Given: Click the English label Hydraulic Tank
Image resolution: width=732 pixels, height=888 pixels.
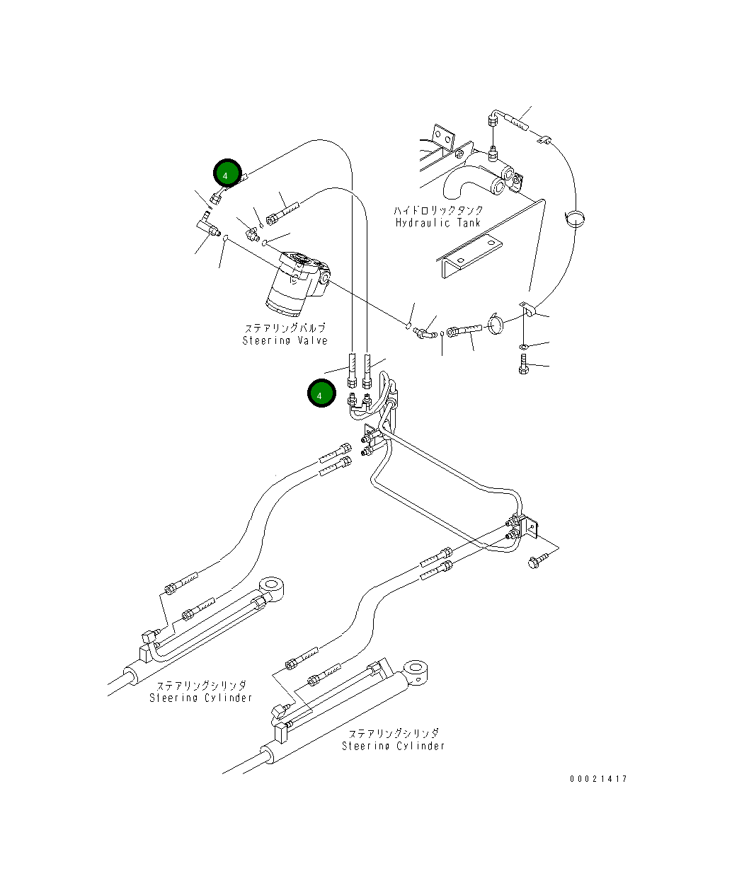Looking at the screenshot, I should tap(438, 222).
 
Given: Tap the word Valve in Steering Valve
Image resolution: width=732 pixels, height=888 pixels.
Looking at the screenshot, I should tap(311, 340).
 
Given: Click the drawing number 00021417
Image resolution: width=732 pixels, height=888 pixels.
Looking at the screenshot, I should tap(598, 779).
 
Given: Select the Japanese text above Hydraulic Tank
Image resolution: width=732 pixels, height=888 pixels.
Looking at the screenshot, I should tap(438, 210).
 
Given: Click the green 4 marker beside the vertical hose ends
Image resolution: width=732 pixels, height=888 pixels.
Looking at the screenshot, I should tap(320, 395).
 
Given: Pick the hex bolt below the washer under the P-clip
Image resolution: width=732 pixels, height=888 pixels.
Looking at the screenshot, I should tap(522, 366).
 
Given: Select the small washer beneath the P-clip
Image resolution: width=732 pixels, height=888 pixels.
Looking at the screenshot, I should tap(522, 346).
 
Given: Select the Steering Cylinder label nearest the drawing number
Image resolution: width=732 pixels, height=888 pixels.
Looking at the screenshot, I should tap(394, 746).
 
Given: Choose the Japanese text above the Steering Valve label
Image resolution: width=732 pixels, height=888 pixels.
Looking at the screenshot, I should tap(285, 328).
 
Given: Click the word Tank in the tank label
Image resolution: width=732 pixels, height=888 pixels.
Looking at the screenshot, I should tap(469, 222).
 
